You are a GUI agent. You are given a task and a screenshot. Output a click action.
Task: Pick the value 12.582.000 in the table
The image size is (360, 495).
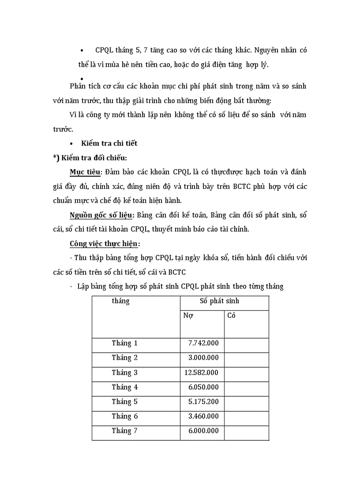(x=201, y=372)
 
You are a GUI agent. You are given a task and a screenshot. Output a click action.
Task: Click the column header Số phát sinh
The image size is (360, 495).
(x=219, y=301)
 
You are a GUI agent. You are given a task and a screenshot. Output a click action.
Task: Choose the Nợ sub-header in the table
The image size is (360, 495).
(x=188, y=316)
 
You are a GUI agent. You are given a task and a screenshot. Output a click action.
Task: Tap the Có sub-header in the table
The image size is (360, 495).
(x=231, y=316)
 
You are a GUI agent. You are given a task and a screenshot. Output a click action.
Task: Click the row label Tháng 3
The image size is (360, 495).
(x=124, y=372)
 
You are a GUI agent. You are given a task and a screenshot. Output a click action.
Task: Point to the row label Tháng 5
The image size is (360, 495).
(x=124, y=402)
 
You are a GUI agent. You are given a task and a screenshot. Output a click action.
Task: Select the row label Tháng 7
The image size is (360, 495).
(x=124, y=431)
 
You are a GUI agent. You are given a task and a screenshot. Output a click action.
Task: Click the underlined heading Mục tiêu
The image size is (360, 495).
(x=86, y=171)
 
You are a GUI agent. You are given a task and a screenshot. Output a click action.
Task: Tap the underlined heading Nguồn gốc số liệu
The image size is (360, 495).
(x=102, y=215)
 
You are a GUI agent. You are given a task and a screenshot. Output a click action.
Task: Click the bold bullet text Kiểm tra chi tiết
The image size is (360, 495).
(x=109, y=143)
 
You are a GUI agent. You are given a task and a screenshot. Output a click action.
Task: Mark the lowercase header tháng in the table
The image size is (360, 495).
(x=120, y=301)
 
